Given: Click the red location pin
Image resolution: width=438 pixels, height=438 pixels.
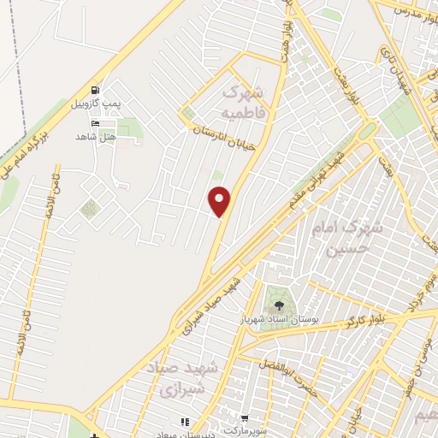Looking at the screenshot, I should pyautogui.click(x=220, y=201).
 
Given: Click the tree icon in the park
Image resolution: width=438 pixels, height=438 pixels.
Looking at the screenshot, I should pyautogui.click(x=277, y=304).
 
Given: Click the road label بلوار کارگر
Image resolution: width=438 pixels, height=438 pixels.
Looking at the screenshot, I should pyautogui.click(x=367, y=320).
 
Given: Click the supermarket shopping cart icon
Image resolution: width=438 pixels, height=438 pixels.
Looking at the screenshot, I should pyautogui.click(x=246, y=419).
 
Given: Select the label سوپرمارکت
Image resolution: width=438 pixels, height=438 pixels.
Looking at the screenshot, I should pyautogui.click(x=250, y=431).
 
